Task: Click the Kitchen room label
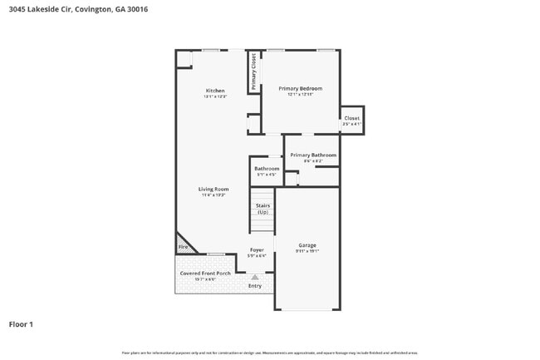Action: (215, 91)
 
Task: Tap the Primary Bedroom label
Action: (300, 88)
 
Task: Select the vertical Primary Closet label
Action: (254, 72)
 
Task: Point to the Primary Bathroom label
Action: (313, 155)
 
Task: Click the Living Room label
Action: (214, 189)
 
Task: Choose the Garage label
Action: (307, 244)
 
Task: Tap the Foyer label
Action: (257, 250)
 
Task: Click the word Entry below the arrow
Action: (255, 286)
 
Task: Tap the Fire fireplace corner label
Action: (183, 247)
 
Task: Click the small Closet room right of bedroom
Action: (352, 119)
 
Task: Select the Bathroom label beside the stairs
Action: (267, 169)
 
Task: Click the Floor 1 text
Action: (21, 324)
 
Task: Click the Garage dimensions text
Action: (307, 250)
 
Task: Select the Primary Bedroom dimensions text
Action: (300, 95)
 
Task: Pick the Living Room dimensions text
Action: (214, 195)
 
